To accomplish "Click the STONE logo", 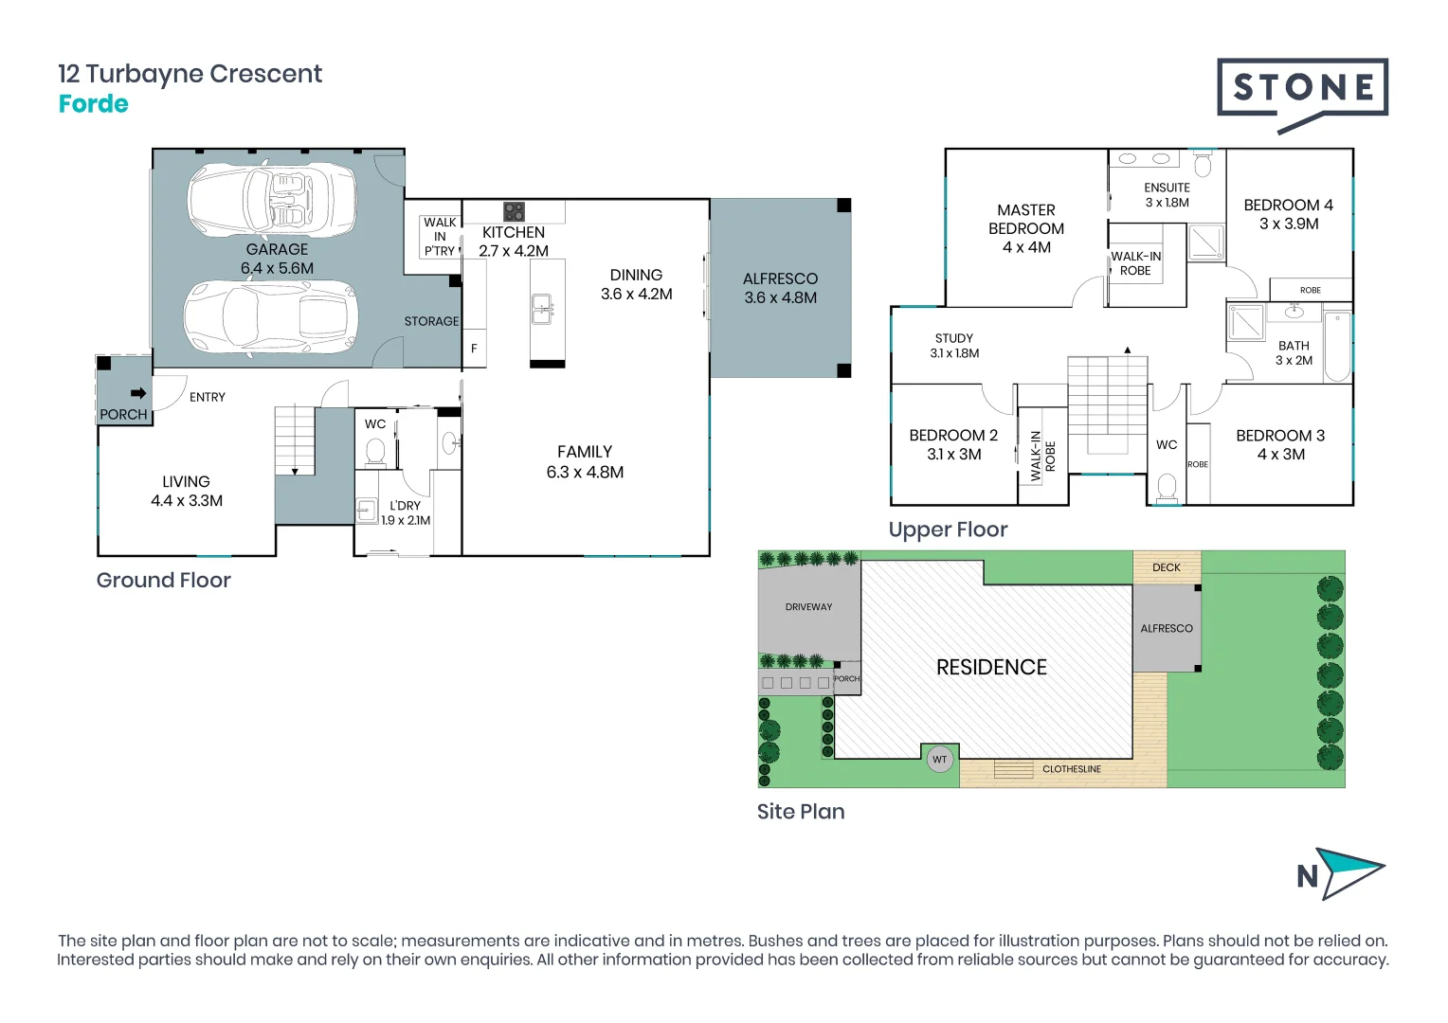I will click(1302, 90).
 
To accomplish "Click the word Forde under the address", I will click(93, 104).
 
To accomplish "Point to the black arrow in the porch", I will click(138, 392).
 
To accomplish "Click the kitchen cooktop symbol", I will click(514, 211).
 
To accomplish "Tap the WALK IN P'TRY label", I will click(440, 237).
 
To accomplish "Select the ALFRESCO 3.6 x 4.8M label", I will click(780, 288).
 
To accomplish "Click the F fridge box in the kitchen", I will click(474, 349).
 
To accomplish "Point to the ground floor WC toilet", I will click(375, 453).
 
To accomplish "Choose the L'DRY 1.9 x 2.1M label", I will click(406, 512).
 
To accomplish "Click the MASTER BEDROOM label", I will click(1026, 228).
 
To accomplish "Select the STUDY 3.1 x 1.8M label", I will click(954, 346).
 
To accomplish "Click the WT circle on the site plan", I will click(939, 759).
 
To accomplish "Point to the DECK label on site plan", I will click(1167, 567).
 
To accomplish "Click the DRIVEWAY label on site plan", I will click(808, 607).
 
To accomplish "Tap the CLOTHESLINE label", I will click(1072, 769).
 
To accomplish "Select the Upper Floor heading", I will click(948, 529).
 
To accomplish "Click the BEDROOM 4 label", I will click(1288, 214).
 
